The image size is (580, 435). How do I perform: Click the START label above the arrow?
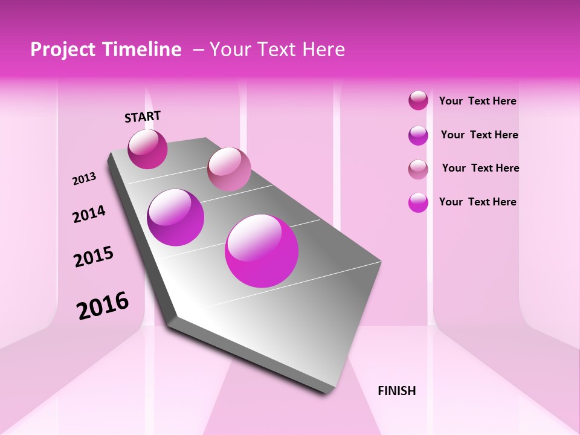pyautogui.click(x=143, y=117)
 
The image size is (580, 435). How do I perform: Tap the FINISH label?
pyautogui.click(x=396, y=391)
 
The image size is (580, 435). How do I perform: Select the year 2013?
pyautogui.click(x=84, y=179)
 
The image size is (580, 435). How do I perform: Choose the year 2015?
pyautogui.click(x=94, y=257)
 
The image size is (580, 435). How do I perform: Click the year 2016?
pyautogui.click(x=103, y=306)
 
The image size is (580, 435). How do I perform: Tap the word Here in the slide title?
pyautogui.click(x=323, y=50)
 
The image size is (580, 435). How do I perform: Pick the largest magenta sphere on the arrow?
pyautogui.click(x=262, y=251)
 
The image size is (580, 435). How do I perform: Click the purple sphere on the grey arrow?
pyautogui.click(x=175, y=217)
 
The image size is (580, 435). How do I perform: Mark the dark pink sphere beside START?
pyautogui.click(x=147, y=149)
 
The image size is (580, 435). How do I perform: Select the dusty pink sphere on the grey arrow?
pyautogui.click(x=229, y=169)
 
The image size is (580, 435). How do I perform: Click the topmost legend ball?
pyautogui.click(x=418, y=100)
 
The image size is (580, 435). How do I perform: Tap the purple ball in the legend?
pyautogui.click(x=418, y=135)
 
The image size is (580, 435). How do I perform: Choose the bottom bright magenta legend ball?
pyautogui.click(x=418, y=202)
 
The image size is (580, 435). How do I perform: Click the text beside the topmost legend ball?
pyautogui.click(x=477, y=101)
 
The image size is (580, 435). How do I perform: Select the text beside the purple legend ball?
pyautogui.click(x=479, y=135)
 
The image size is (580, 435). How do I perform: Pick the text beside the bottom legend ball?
pyautogui.click(x=477, y=202)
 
